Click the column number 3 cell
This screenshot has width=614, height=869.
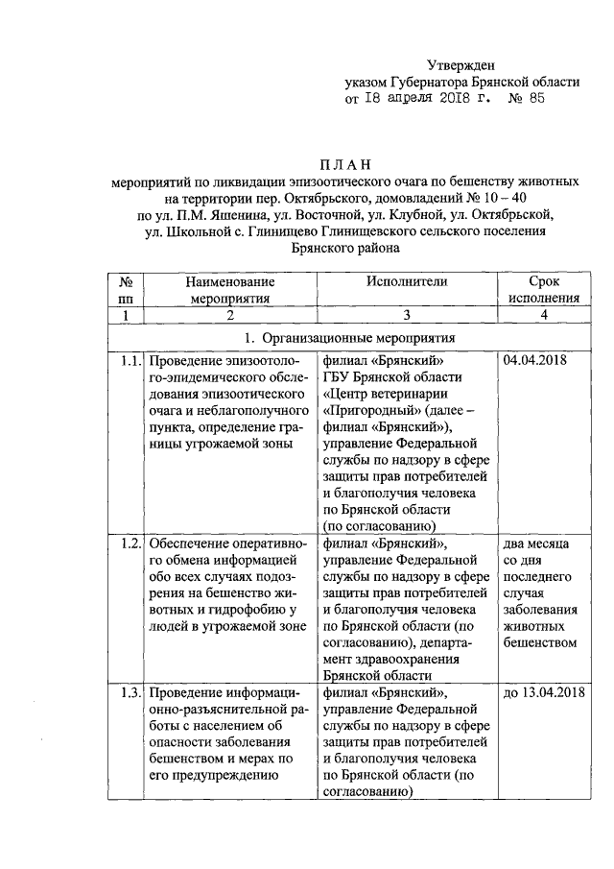click(x=407, y=315)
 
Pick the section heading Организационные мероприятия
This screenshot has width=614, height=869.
click(x=355, y=338)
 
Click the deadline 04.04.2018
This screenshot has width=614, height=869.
click(x=533, y=362)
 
